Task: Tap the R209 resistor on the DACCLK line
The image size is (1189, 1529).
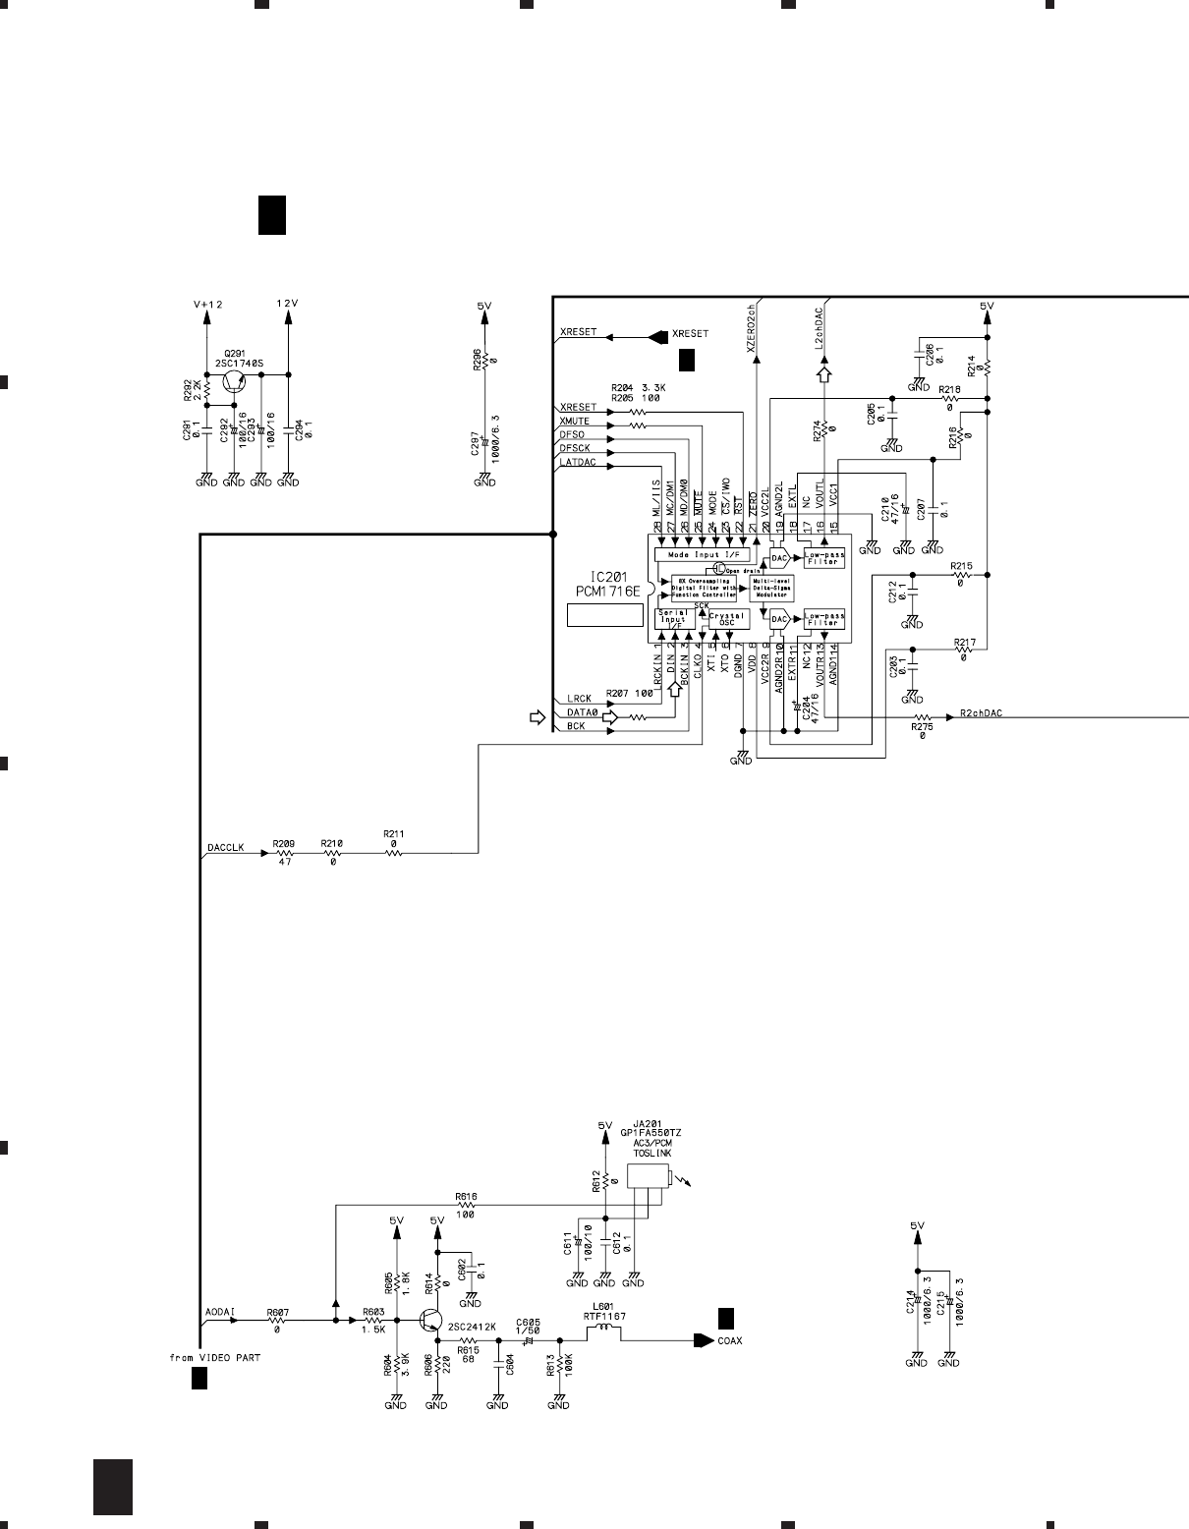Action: tap(284, 854)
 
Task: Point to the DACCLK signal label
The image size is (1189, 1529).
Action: tap(225, 846)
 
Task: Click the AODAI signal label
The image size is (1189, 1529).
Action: tap(219, 1312)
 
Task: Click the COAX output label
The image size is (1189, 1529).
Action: tap(730, 1339)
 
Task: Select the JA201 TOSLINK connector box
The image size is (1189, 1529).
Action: tap(649, 1176)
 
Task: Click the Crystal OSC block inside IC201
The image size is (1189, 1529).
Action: tap(728, 619)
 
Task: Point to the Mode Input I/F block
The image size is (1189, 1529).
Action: tap(702, 555)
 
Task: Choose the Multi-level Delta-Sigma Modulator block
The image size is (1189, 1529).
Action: tap(771, 589)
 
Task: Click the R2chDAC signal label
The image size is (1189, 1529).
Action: tap(981, 713)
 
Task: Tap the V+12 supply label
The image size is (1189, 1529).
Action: tap(207, 305)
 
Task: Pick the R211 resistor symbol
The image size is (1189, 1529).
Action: tap(393, 854)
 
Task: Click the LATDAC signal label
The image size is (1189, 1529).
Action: tap(578, 462)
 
